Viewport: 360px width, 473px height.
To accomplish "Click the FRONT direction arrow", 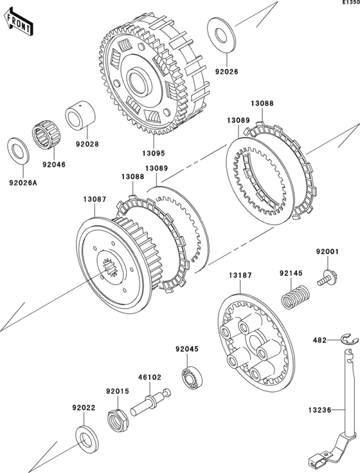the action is point(18,22).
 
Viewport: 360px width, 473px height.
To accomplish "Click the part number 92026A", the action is point(23,183).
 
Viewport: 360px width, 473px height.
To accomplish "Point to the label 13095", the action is point(154,153).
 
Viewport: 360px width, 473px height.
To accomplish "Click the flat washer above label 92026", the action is point(221,35).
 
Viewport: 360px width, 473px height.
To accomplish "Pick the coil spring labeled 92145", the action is point(295,297).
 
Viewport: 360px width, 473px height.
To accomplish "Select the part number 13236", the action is point(319,410).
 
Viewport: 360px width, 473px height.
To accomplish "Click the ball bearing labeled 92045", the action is point(192,377).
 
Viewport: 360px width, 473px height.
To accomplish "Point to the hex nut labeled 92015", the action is point(118,420).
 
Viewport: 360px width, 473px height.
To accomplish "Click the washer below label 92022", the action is point(86,440).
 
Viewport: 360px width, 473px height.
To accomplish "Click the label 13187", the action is point(240,275).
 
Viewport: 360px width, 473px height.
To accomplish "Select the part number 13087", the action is point(94,199).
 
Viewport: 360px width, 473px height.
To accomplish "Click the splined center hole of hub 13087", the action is point(110,267).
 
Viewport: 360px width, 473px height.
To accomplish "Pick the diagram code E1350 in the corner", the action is point(351,3).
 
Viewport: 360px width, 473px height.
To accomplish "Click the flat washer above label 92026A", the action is point(18,151).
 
